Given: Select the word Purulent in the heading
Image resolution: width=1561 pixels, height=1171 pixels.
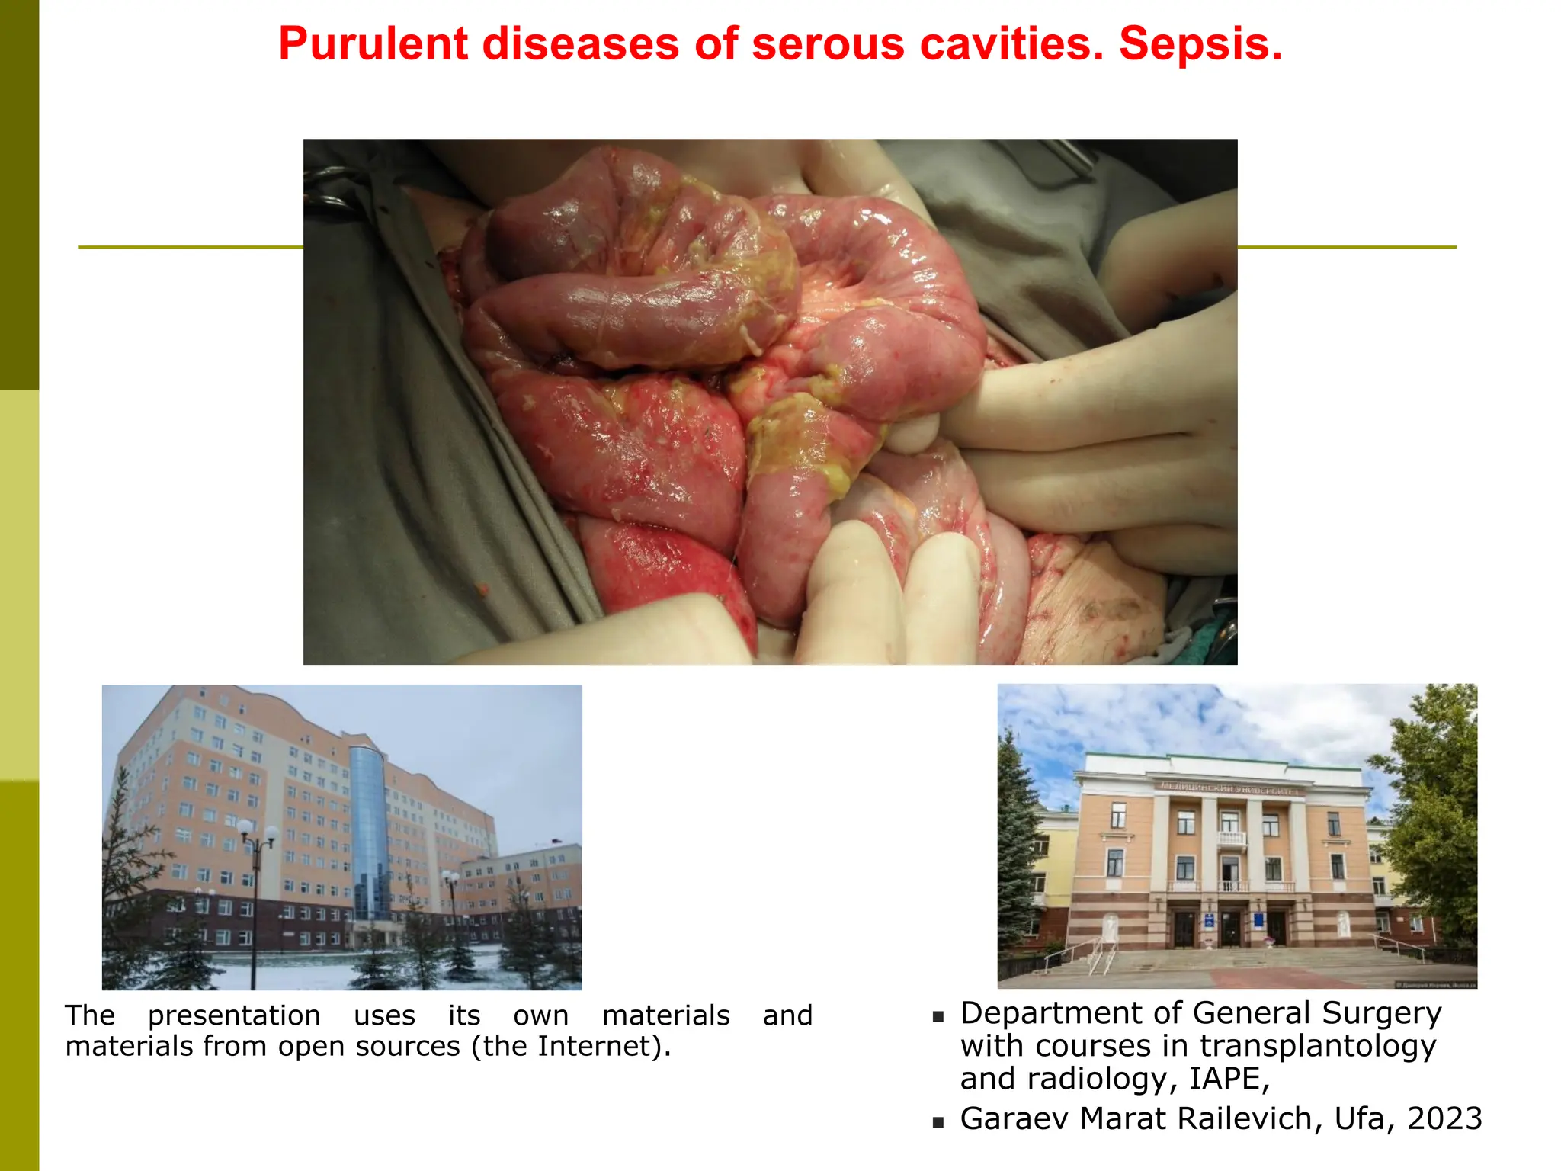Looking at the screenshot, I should point(373,44).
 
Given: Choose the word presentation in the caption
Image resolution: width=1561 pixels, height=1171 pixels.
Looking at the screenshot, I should point(234,1015).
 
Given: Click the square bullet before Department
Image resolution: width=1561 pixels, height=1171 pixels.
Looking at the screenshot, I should point(938,1016).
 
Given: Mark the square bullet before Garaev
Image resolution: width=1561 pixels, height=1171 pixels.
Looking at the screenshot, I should point(938,1122).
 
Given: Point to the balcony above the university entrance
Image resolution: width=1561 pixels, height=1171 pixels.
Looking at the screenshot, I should point(1231,839).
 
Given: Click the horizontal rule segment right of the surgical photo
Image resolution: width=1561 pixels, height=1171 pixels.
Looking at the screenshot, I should point(1346,247).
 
